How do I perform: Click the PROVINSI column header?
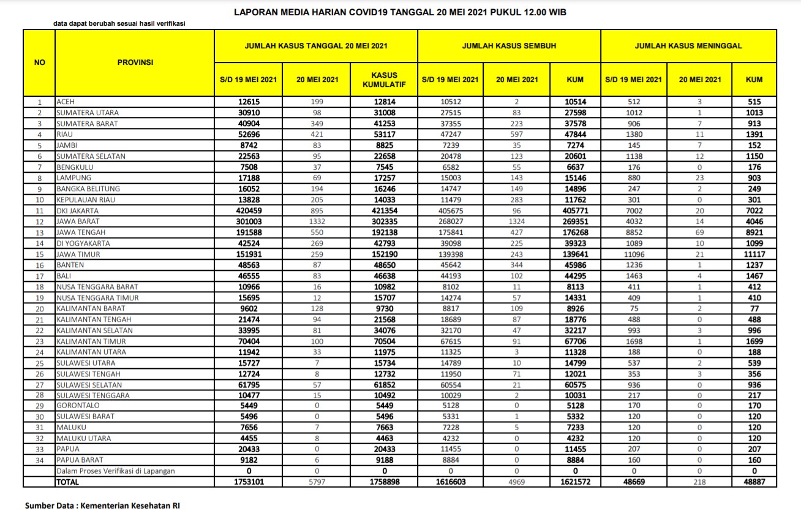point(135,62)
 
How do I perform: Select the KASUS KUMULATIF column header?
point(385,80)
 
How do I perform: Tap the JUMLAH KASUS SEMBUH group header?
point(509,45)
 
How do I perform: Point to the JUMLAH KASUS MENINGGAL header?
point(688,45)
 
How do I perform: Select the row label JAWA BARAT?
point(78,221)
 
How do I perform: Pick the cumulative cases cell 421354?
point(385,210)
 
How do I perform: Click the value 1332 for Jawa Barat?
point(317,221)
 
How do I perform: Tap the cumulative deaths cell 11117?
point(754,254)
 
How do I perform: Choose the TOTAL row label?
point(68,482)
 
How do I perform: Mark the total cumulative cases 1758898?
point(385,482)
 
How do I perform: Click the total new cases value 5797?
point(317,482)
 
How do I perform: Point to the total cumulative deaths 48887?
point(754,482)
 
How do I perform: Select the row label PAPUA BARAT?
point(80,460)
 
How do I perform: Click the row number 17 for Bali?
point(39,276)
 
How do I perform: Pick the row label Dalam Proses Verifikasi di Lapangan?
point(115,471)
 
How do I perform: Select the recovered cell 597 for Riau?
point(517,134)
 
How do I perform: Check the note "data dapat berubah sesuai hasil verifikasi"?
point(119,24)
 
